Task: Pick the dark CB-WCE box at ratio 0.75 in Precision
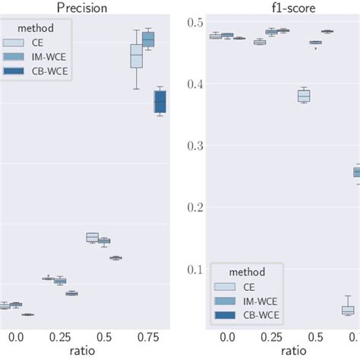click(x=159, y=101)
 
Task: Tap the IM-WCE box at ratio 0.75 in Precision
click(x=148, y=39)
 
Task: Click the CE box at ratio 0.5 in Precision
click(x=93, y=237)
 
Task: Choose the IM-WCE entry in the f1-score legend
click(x=254, y=301)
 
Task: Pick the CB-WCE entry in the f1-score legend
click(x=254, y=314)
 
